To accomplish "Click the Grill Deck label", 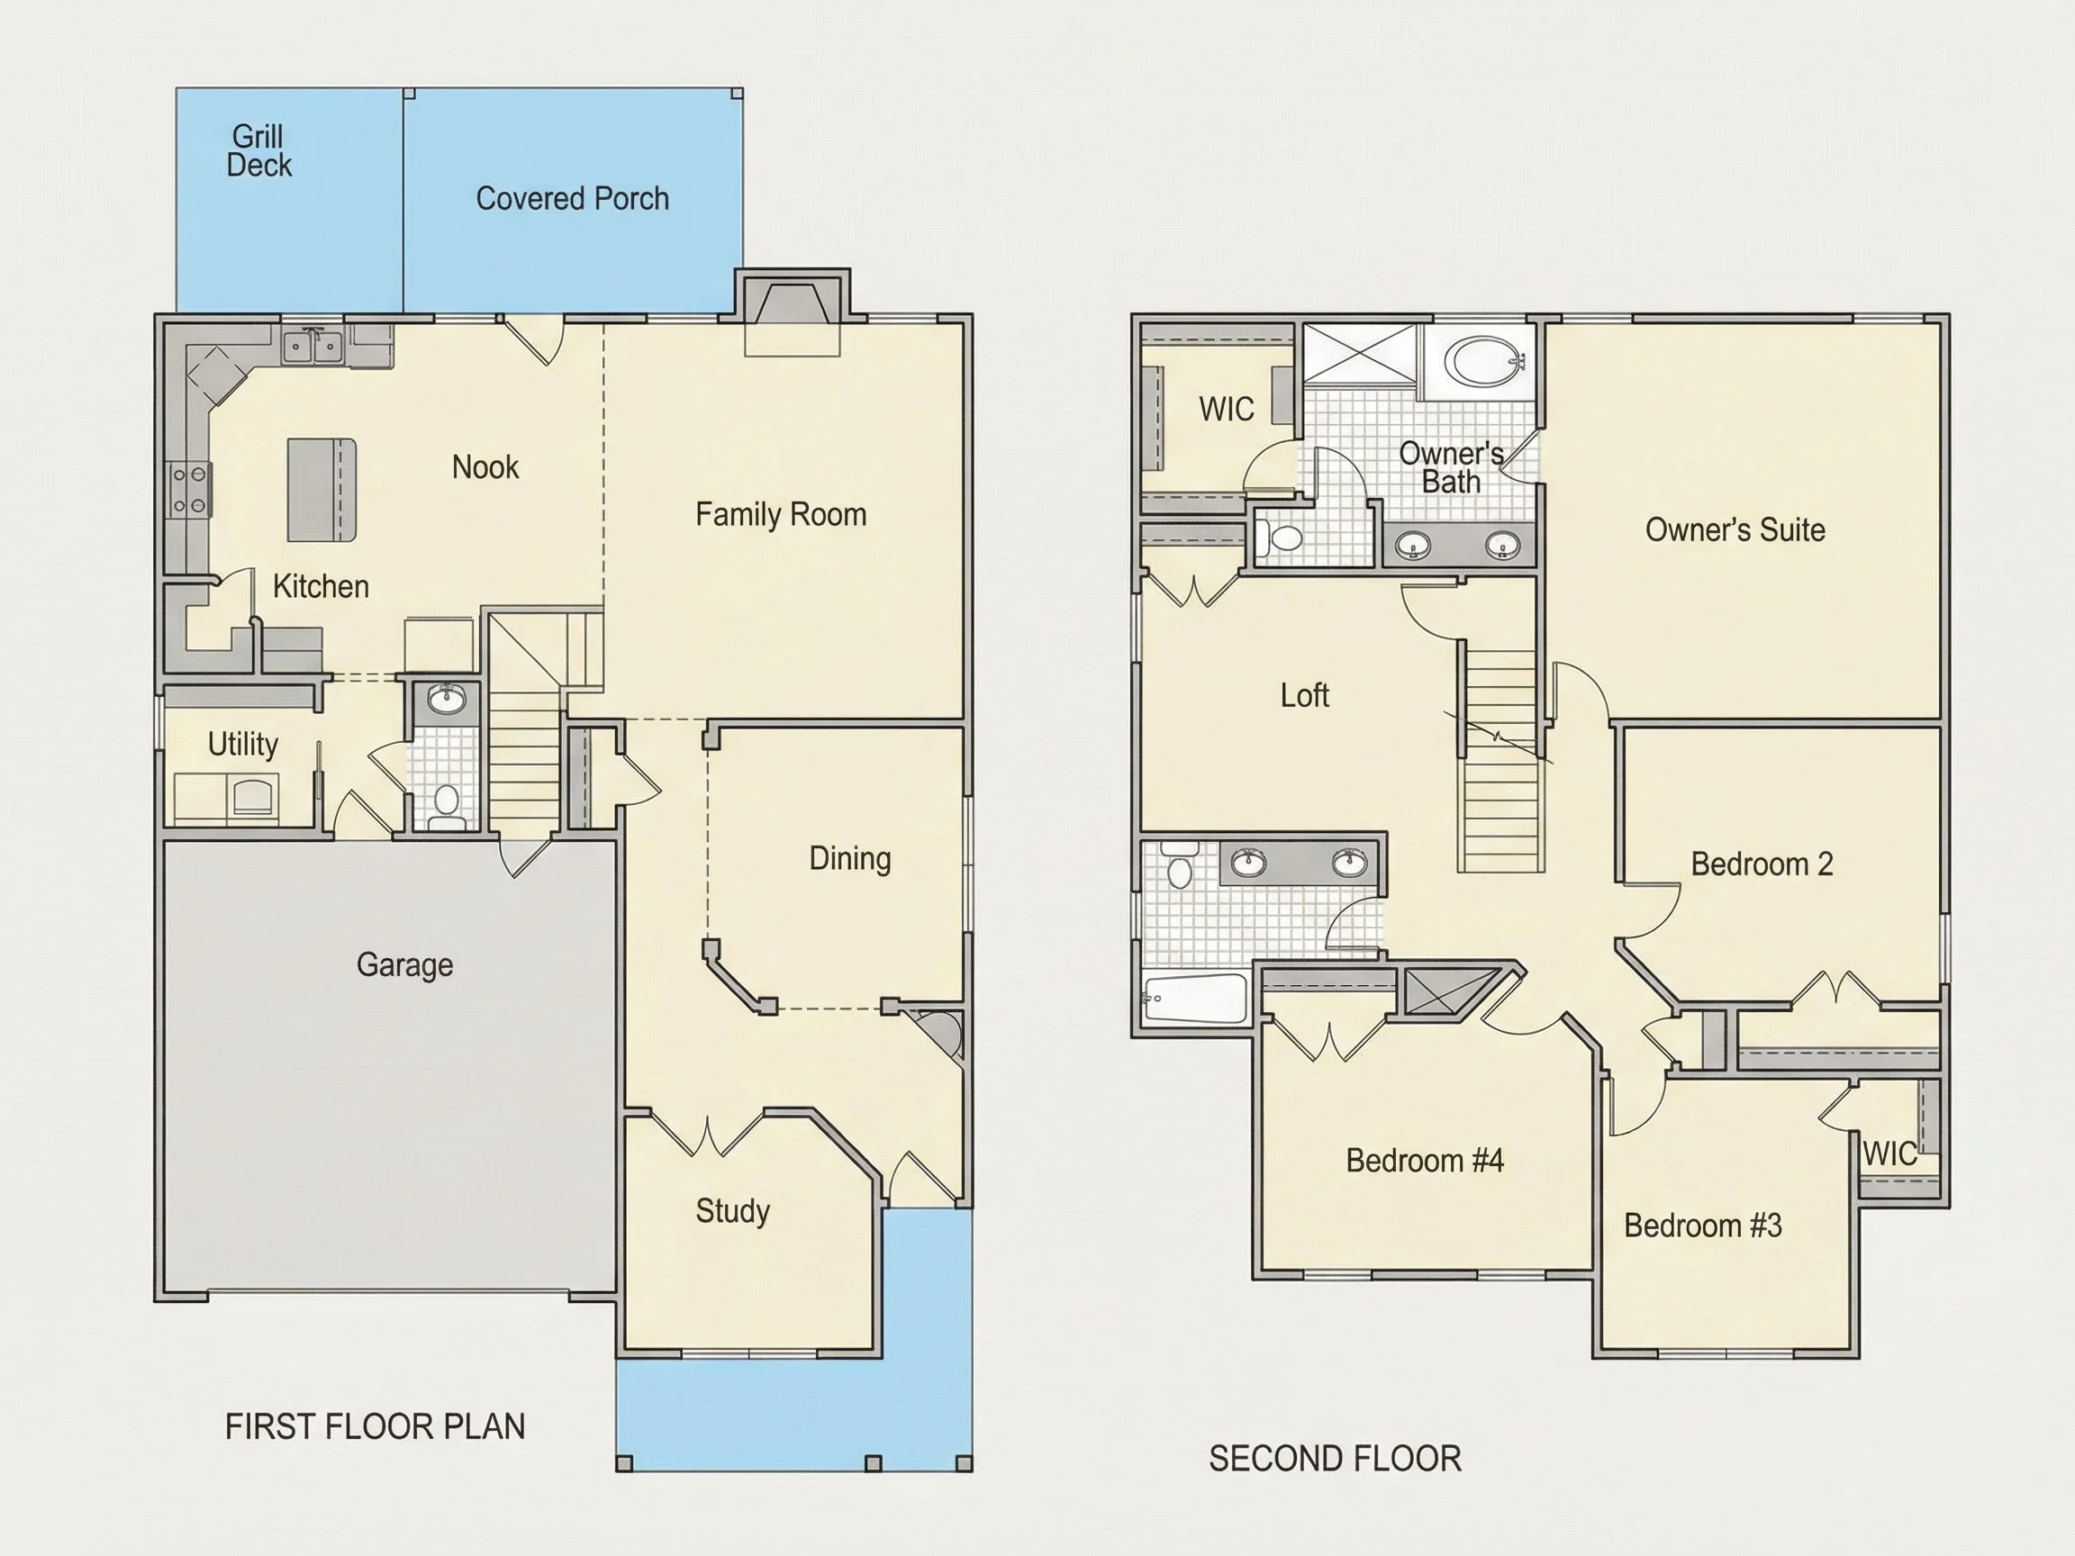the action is [258, 151].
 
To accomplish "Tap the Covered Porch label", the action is [572, 199].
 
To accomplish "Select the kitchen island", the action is [322, 490].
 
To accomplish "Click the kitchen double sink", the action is [313, 347].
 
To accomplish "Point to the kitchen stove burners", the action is [188, 491].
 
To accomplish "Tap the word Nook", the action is [485, 467].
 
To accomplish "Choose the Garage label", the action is [404, 965].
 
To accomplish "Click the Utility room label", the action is [243, 745].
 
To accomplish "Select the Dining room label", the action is [850, 859].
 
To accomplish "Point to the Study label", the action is [732, 1212].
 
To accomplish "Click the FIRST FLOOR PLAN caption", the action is [376, 1426].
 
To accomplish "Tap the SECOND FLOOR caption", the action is [1335, 1459].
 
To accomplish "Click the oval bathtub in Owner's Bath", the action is [1481, 361].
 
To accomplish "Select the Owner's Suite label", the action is [1735, 529].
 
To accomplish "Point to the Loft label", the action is [1305, 695].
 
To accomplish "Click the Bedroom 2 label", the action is [1762, 864].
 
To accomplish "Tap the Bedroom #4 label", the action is [1425, 1161].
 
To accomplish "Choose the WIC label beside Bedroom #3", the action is [1890, 1153].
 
